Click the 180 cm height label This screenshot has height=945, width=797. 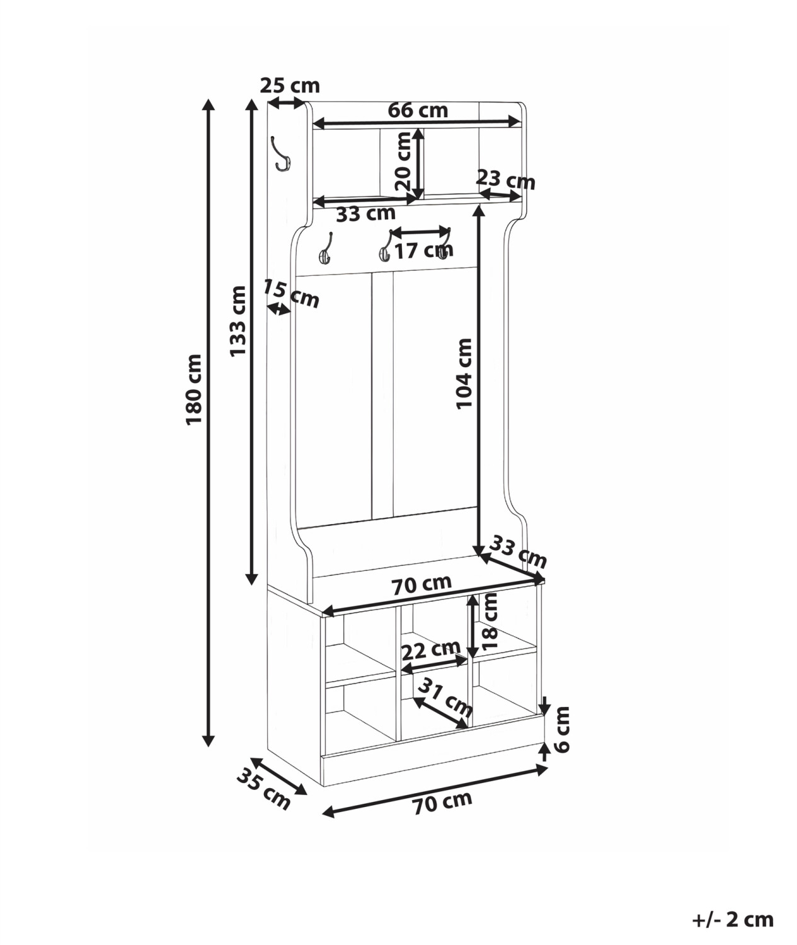pyautogui.click(x=193, y=389)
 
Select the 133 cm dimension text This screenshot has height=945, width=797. pyautogui.click(x=238, y=321)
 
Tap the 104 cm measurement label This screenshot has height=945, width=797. pyautogui.click(x=464, y=374)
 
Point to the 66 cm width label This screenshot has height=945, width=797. pyautogui.click(x=418, y=110)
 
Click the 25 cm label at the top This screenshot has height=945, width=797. pyautogui.click(x=290, y=85)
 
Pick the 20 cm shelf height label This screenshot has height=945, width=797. pyautogui.click(x=403, y=161)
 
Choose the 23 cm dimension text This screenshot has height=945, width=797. pyautogui.click(x=505, y=180)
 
